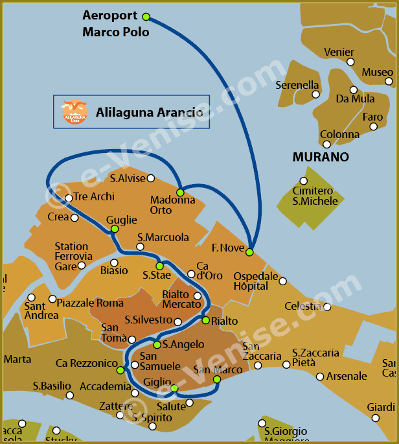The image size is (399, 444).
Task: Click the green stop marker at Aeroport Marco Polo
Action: (x=146, y=16)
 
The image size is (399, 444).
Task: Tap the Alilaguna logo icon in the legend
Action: (x=74, y=112)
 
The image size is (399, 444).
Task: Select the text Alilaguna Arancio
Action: (x=149, y=112)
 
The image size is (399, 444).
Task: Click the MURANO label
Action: (x=320, y=157)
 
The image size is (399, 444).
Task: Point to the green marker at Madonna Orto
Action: (x=180, y=193)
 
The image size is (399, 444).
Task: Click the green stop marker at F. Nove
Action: (x=249, y=252)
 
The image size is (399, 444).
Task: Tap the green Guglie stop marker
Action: (x=114, y=229)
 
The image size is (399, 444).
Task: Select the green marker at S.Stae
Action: (x=159, y=266)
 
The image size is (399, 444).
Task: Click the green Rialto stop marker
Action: (x=205, y=320)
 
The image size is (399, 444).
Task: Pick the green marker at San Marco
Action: (x=217, y=379)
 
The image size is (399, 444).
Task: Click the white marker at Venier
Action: (x=350, y=62)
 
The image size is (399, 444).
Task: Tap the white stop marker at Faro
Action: (x=374, y=126)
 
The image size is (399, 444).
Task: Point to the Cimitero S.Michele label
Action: (x=315, y=196)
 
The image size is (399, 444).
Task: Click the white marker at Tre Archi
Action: (x=69, y=198)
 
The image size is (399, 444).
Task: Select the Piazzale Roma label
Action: (x=89, y=303)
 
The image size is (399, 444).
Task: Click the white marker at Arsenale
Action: (x=320, y=377)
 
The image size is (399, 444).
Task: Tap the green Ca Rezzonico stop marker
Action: (x=120, y=370)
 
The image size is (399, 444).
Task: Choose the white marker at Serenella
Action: (x=316, y=95)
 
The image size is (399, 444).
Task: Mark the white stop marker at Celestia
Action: (x=327, y=307)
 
